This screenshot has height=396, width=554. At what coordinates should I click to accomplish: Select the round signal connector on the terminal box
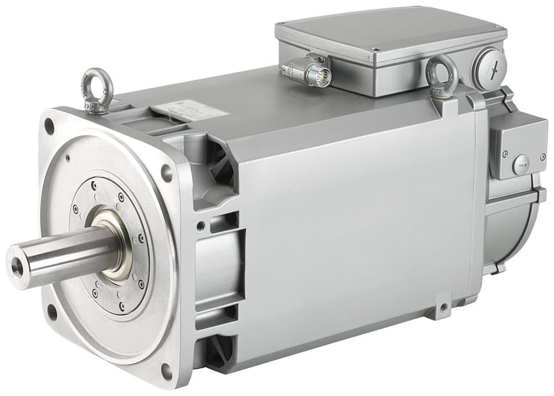(x=320, y=74)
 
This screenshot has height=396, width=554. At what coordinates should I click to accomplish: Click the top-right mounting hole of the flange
(x=167, y=173)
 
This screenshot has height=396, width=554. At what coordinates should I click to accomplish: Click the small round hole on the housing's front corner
(x=199, y=226)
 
